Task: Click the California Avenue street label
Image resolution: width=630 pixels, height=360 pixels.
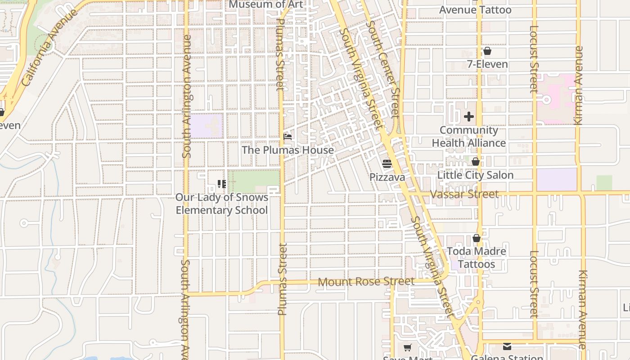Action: point(49,48)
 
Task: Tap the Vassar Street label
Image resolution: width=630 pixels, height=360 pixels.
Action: point(464,194)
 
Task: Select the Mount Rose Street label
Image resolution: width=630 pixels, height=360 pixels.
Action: point(366,282)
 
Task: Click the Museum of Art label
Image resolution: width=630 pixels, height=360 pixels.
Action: point(266,4)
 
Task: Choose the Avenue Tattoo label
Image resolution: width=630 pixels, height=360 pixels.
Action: point(475,10)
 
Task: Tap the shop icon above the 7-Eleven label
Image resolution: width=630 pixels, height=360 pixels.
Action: point(487,51)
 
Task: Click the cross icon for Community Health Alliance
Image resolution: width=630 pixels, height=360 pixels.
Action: point(469,117)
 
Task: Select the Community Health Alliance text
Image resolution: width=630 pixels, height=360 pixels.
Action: point(469,136)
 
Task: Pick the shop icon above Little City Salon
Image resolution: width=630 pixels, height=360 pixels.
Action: point(476,162)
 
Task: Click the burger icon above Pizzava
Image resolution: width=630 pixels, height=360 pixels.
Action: point(387,164)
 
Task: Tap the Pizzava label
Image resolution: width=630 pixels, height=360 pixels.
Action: point(387,177)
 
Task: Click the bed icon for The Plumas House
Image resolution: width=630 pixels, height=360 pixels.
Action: point(288,137)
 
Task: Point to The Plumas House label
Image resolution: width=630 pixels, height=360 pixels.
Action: point(288,150)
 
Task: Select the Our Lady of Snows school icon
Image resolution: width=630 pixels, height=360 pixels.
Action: point(221,184)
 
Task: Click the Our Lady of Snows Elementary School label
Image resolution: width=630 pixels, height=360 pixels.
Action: point(221,204)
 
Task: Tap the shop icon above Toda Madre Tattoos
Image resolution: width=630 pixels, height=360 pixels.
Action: point(477,238)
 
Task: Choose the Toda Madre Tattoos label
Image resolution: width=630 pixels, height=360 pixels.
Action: point(477,257)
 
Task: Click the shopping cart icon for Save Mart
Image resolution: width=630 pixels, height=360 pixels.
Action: point(407,347)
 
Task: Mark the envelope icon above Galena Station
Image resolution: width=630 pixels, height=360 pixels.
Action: point(507,346)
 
